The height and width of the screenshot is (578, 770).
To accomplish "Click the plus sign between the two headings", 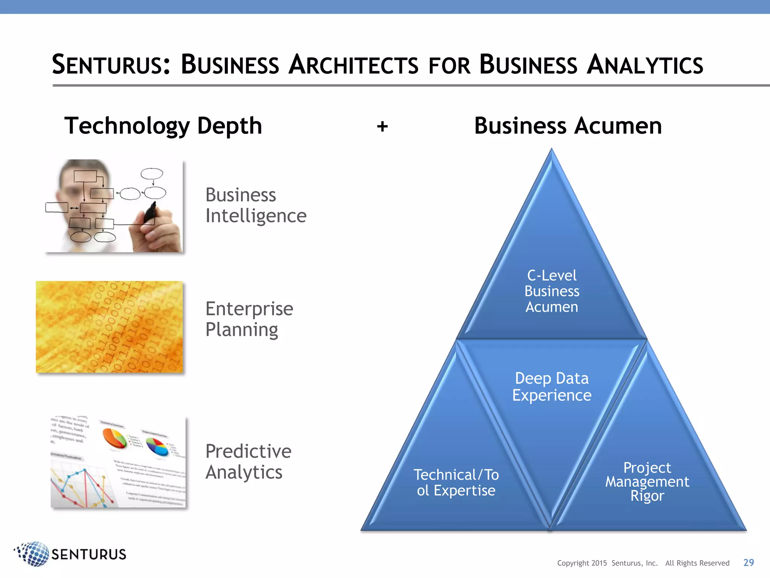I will click(382, 127).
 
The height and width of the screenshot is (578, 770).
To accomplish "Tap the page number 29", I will click(749, 563).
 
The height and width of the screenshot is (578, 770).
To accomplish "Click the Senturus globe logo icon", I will click(33, 554).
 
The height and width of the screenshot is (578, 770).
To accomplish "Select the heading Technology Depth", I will click(163, 126).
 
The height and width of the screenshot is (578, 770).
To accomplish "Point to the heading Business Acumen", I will click(568, 126).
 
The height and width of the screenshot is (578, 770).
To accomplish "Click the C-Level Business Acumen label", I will click(552, 291).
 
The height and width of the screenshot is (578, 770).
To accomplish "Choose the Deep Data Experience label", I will click(552, 387).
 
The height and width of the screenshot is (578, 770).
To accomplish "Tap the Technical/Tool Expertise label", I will click(456, 483).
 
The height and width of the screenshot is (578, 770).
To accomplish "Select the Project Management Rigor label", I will click(647, 482).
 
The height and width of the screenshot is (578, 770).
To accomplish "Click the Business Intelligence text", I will click(256, 205).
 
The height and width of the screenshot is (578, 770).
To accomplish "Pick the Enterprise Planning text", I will click(249, 319).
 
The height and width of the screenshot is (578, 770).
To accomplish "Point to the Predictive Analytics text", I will click(248, 462).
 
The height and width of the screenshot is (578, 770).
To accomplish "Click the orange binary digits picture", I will click(109, 327).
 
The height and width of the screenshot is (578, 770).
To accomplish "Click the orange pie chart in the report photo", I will click(114, 438).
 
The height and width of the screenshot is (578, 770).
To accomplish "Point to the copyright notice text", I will click(643, 563).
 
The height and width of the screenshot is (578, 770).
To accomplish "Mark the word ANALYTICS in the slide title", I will click(644, 65).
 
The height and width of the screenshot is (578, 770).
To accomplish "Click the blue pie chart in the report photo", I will click(157, 447).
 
